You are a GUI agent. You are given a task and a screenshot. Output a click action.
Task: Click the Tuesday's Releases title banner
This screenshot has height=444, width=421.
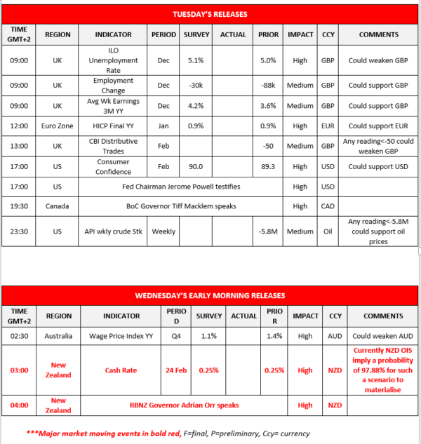[210, 14]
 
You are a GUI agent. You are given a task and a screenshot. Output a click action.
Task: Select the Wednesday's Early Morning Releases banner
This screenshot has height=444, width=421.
[210, 295]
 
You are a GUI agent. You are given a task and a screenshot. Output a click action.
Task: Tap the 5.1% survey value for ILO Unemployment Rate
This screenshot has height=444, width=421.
[196, 60]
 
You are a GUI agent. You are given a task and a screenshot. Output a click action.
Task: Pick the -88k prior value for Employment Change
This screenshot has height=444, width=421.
[267, 86]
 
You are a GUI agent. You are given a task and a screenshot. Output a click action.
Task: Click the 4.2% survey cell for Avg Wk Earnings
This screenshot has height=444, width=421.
[196, 106]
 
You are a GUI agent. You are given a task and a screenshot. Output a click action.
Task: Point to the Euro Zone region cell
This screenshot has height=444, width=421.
[58, 126]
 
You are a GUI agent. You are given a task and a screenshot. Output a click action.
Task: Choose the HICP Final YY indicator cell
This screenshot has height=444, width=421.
[113, 126]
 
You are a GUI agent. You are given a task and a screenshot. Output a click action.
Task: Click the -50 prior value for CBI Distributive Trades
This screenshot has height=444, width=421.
[267, 146]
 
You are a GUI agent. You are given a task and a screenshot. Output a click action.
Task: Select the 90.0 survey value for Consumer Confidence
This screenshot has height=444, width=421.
[196, 167]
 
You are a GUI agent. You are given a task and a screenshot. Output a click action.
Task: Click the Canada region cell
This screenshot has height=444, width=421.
[58, 206]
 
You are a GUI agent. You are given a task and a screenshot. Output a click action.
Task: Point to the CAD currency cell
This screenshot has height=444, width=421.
[328, 206]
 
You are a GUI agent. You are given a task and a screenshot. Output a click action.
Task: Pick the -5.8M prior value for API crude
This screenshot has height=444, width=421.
[267, 231]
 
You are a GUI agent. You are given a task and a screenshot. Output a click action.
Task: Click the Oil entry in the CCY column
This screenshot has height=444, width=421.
[328, 231]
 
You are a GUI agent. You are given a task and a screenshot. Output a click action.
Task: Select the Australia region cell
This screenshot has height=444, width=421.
[58, 337]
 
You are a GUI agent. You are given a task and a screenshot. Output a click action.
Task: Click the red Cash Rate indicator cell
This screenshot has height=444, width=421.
[122, 370]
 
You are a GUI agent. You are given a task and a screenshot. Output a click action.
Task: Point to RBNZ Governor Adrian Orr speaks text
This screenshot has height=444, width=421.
[183, 405]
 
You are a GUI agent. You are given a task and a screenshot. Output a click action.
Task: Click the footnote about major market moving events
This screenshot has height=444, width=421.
[168, 433]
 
